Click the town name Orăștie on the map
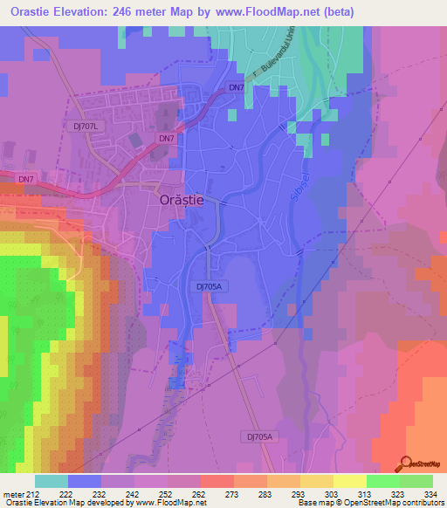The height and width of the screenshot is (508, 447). tap(182, 199)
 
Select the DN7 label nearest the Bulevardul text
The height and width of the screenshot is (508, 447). tap(236, 87)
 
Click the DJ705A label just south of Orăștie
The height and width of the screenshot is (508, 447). tap(206, 285)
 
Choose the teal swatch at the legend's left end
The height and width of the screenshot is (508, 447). tap(51, 481)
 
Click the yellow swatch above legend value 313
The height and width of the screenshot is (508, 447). tap(349, 481)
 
